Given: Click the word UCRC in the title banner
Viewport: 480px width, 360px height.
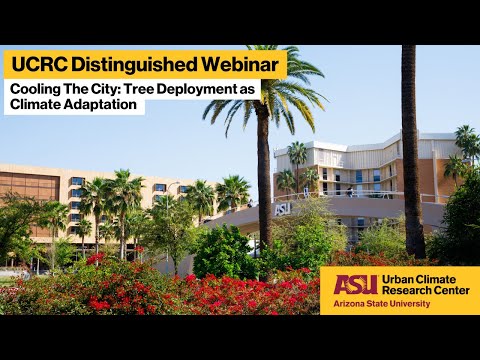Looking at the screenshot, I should [x=40, y=65].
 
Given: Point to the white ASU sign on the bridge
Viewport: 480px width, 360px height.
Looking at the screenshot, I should [x=283, y=210].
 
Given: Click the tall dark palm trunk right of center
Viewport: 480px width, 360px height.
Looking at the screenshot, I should [x=411, y=150].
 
